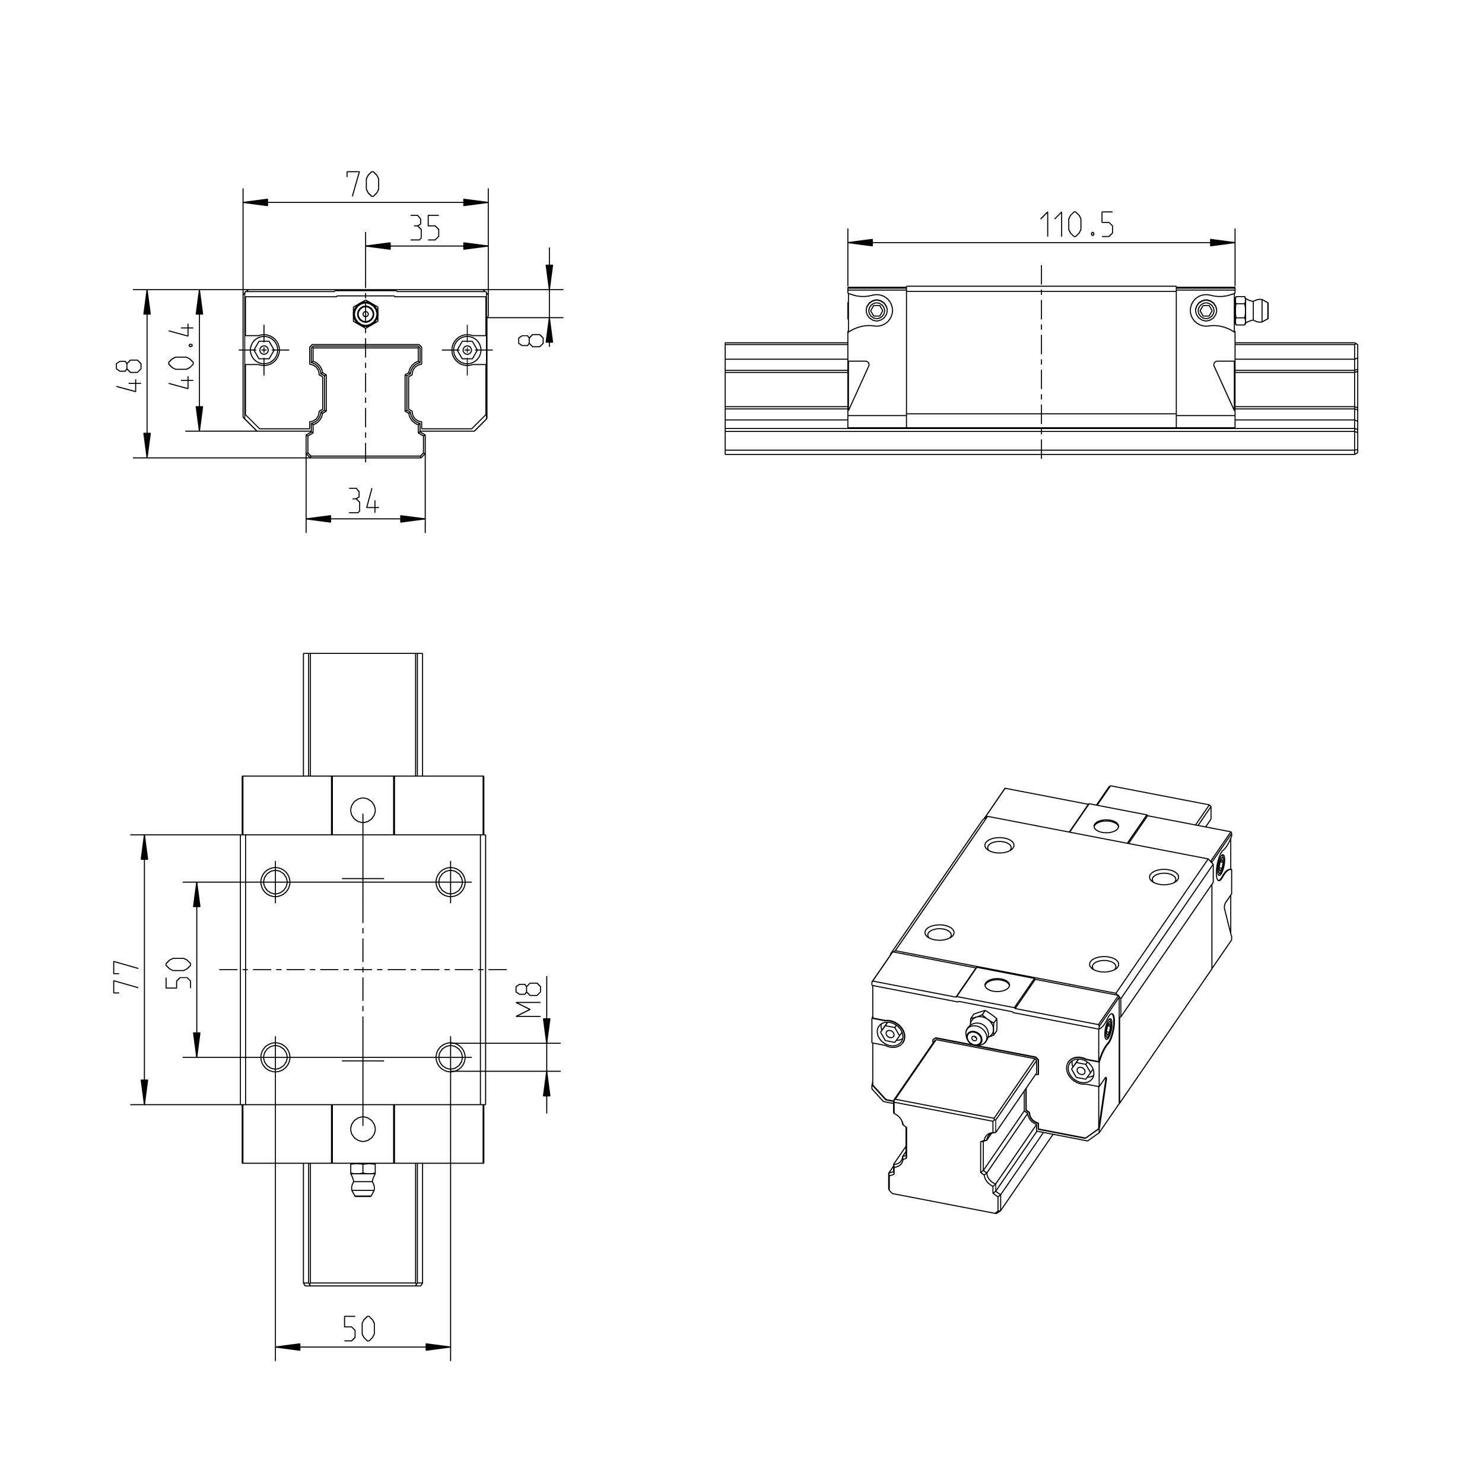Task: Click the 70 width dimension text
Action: click(363, 185)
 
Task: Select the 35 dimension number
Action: click(425, 228)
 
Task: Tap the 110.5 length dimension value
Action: click(1076, 225)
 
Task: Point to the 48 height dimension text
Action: click(130, 374)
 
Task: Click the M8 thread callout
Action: click(528, 1000)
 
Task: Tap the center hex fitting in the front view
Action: click(366, 313)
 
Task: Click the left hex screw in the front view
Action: click(264, 350)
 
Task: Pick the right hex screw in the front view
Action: click(466, 350)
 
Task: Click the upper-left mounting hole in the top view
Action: click(275, 882)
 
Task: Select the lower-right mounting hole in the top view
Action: click(451, 1057)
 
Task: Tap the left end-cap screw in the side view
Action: click(878, 310)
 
